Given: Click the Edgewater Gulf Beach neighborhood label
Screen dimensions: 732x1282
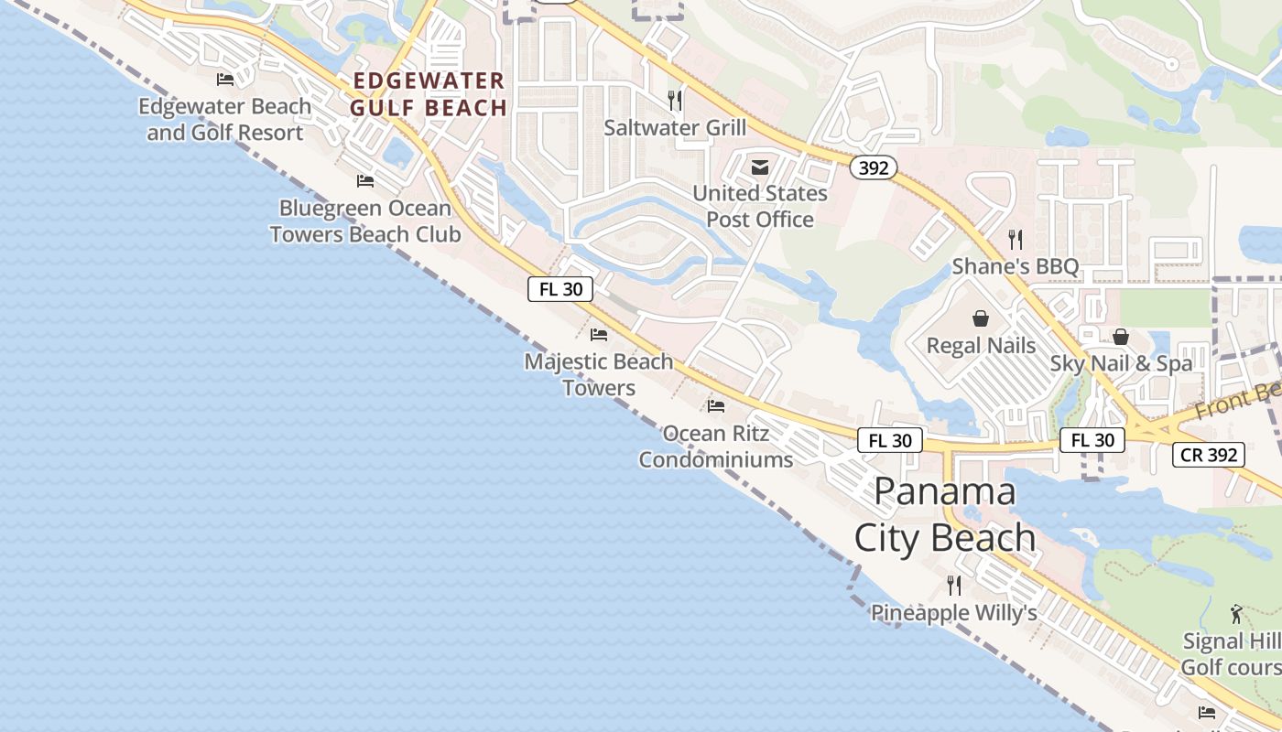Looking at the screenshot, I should tap(429, 94).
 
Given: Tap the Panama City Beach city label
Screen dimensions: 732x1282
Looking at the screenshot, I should tap(945, 514).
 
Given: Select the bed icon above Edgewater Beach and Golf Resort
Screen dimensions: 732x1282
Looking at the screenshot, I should tap(225, 80).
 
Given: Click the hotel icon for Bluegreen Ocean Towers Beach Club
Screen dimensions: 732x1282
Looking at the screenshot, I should tap(365, 180).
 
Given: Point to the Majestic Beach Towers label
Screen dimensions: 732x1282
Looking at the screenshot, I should tap(599, 374).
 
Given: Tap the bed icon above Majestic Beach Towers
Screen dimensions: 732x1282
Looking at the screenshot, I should tap(599, 334).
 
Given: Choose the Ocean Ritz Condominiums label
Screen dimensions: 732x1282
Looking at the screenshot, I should tap(716, 446).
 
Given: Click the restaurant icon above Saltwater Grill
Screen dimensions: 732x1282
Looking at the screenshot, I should tap(675, 100).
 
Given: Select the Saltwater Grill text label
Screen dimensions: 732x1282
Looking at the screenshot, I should tap(675, 127).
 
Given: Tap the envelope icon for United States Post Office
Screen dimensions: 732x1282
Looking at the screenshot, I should tap(760, 167).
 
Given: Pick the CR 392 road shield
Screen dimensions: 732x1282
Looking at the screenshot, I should tap(1208, 455).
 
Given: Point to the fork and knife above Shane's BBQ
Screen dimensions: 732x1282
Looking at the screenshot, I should tap(1016, 240).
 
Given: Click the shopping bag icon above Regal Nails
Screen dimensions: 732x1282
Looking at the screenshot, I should tap(981, 318).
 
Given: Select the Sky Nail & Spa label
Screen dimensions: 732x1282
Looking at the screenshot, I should tap(1121, 363).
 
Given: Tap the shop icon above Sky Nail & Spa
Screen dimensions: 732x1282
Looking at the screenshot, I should tap(1121, 337).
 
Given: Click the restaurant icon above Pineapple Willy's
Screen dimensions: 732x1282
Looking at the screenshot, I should tap(954, 586).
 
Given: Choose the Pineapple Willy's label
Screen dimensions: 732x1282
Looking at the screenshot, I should tap(954, 612).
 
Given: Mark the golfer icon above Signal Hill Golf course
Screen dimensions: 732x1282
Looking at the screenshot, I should tap(1236, 614).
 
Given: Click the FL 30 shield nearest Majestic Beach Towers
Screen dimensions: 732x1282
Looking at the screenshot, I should tap(560, 289).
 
